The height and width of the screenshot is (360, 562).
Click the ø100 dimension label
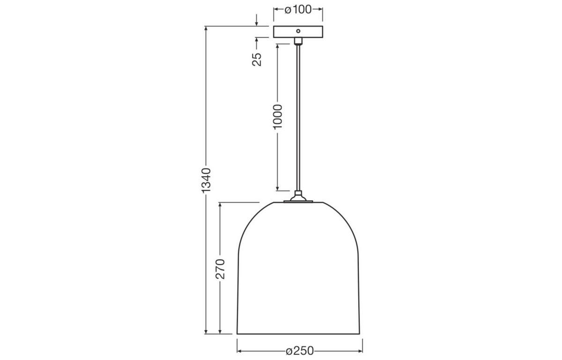pyautogui.click(x=298, y=9)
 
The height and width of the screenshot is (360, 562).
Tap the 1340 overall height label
pyautogui.click(x=207, y=180)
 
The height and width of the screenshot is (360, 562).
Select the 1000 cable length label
pyautogui.click(x=278, y=117)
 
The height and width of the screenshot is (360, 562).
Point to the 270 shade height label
pyautogui.click(x=221, y=268)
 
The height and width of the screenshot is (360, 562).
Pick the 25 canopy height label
pyautogui.click(x=257, y=59)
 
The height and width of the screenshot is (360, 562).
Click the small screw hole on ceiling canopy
pyautogui.click(x=298, y=31)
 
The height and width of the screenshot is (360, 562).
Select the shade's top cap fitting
pyautogui.click(x=298, y=198)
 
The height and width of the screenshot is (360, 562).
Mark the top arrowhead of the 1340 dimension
pyautogui.click(x=207, y=29)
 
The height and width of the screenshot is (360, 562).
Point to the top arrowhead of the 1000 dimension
pyautogui.click(x=278, y=46)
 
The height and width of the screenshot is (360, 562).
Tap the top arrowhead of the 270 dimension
pyautogui.click(x=221, y=205)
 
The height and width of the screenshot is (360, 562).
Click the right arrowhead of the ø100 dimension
pyautogui.click(x=320, y=9)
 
